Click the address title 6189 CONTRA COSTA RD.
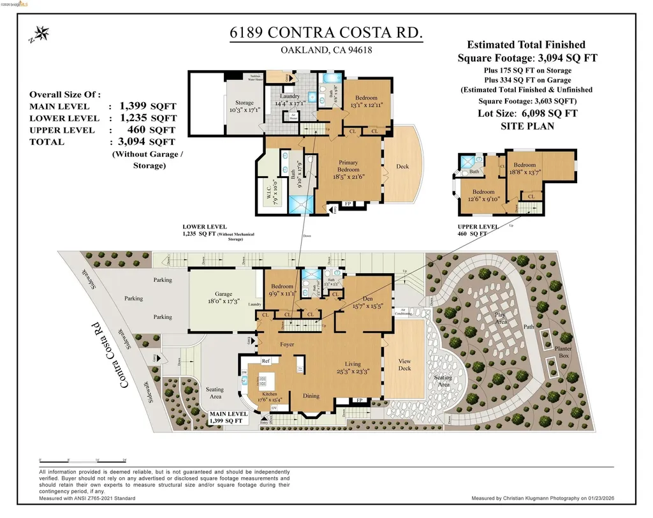tap(326, 34)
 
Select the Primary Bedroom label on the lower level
tap(348, 166)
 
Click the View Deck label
tap(405, 365)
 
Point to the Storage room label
tap(244, 103)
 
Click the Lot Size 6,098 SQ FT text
tap(527, 113)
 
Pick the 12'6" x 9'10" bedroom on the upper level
tap(483, 195)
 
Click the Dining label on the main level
tap(311, 396)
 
